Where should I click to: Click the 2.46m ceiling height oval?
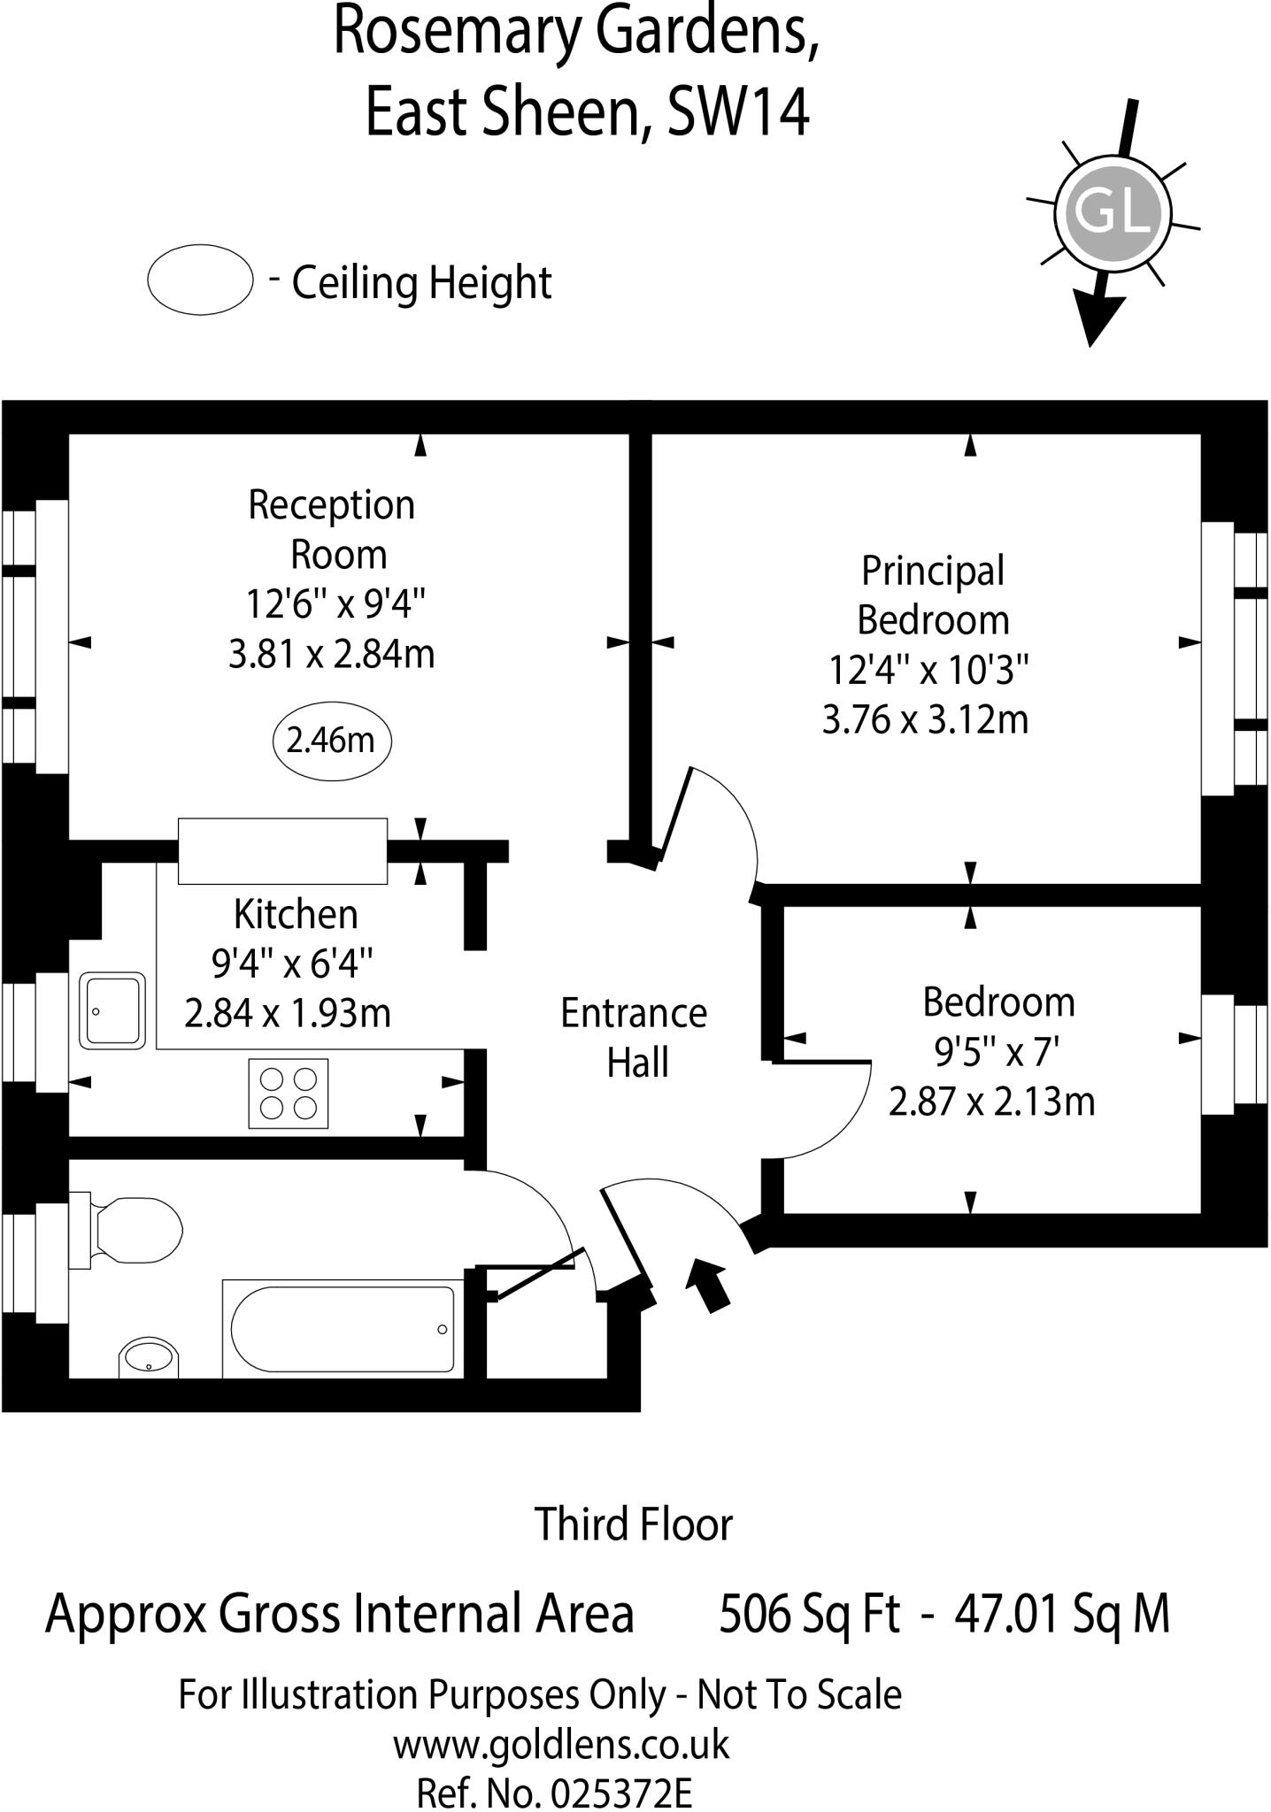click(331, 741)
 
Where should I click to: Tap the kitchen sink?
click(112, 1010)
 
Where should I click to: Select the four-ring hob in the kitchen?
click(289, 1094)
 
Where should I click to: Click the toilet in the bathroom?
click(133, 1230)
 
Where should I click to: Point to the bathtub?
click(343, 1329)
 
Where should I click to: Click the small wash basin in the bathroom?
click(149, 1357)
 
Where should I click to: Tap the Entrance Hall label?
click(634, 1038)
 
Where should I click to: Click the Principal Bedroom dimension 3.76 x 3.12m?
click(925, 719)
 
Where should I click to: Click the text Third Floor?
click(634, 1524)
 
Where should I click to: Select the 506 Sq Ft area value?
click(809, 1614)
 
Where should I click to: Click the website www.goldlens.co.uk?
click(561, 1745)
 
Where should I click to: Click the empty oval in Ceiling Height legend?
click(200, 280)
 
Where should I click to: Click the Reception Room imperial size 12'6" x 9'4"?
click(335, 605)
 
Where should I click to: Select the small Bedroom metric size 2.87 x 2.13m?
click(991, 1102)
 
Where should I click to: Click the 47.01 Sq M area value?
click(1062, 1614)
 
